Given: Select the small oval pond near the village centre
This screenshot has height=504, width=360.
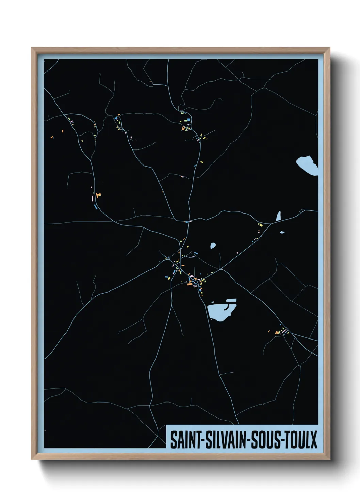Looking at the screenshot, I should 213,245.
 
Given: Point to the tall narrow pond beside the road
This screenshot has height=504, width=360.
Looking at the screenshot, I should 278,216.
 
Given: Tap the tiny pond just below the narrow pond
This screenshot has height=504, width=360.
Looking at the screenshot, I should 282,233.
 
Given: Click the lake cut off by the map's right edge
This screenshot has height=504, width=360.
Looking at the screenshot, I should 308,165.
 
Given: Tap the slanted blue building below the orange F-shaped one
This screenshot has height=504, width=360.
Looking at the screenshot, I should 96,206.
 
